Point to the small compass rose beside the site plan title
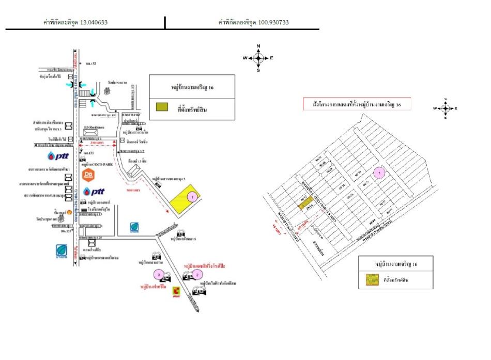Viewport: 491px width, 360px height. point(447,108)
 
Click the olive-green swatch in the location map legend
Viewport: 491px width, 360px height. point(162,107)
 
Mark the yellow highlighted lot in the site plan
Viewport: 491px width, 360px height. point(304,203)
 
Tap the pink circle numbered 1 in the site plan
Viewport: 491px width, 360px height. point(380,173)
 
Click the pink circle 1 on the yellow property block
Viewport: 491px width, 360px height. point(192,196)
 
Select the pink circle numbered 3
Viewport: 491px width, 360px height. point(160,274)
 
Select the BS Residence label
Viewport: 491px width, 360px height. point(94,127)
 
